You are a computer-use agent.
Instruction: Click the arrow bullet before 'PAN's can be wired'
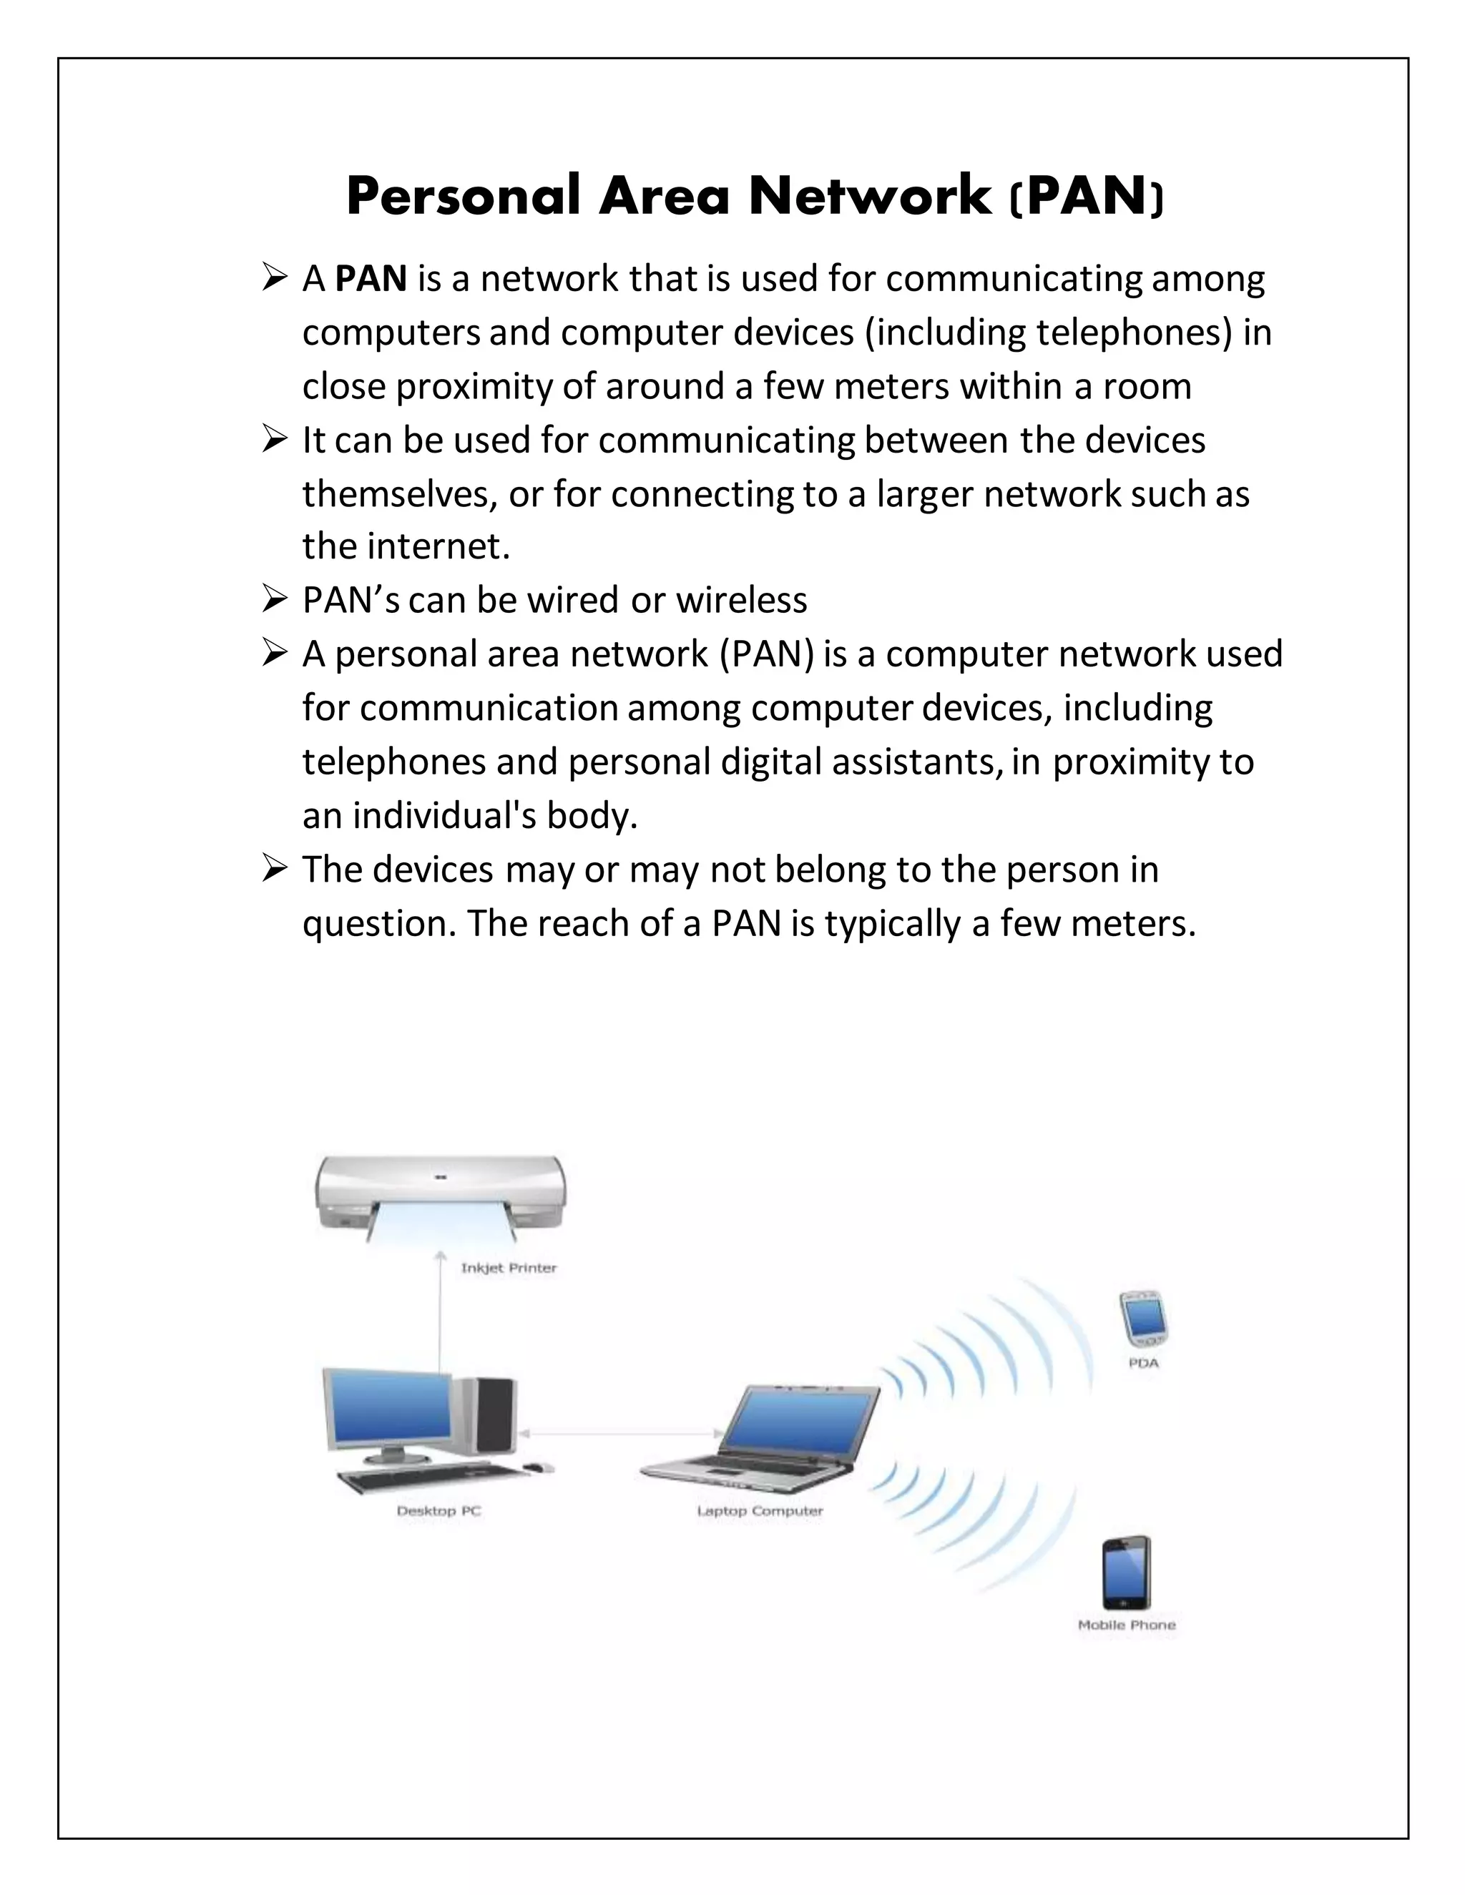click(x=273, y=599)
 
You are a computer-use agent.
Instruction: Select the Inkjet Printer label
click(x=509, y=1268)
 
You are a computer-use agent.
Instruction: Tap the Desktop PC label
click(x=439, y=1510)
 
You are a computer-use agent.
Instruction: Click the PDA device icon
click(x=1143, y=1315)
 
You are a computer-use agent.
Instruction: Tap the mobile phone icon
click(x=1127, y=1572)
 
